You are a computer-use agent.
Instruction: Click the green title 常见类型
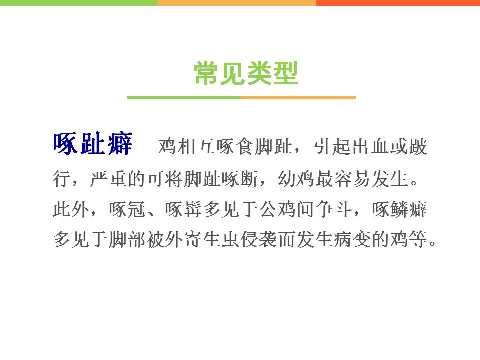(x=246, y=73)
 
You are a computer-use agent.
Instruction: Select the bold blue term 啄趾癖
(x=93, y=144)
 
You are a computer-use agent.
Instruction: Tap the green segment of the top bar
(x=79, y=3)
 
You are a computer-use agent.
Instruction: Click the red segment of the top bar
(x=398, y=3)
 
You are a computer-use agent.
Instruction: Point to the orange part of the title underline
(x=298, y=98)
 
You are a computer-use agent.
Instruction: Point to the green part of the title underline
(x=184, y=98)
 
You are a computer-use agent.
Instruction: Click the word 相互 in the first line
(x=196, y=147)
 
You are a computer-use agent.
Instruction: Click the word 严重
(x=108, y=179)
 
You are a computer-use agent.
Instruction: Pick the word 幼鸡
(x=296, y=179)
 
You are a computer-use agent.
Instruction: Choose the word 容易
(x=353, y=179)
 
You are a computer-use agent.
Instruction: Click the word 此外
(x=71, y=209)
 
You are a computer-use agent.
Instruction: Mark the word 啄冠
(x=127, y=209)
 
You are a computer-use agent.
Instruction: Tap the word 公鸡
(x=278, y=209)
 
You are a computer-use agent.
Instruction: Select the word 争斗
(x=334, y=209)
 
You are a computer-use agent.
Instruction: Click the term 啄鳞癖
(x=400, y=209)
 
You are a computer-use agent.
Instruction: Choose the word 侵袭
(x=259, y=239)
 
